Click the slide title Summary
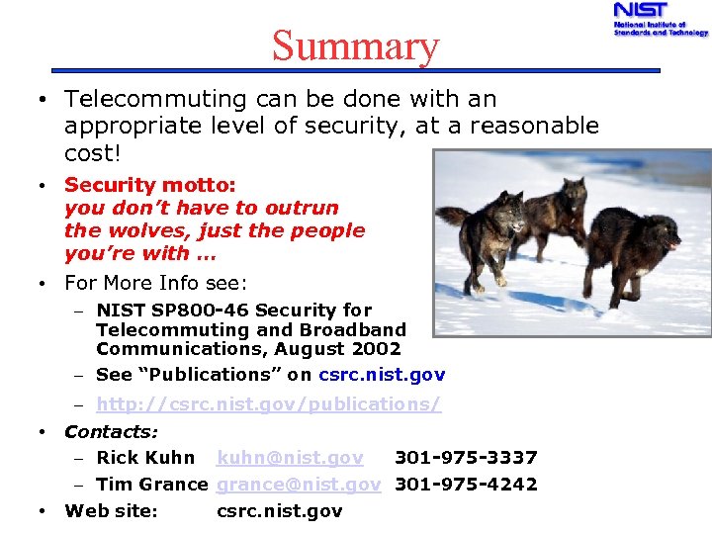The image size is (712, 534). pyautogui.click(x=355, y=45)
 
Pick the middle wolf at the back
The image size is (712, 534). pyautogui.click(x=555, y=208)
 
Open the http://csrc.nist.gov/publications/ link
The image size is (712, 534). pyautogui.click(x=268, y=404)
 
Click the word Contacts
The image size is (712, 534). pyautogui.click(x=111, y=432)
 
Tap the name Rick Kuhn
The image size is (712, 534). pyautogui.click(x=145, y=458)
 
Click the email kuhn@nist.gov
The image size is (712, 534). pyautogui.click(x=290, y=458)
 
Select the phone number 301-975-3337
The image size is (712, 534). pyautogui.click(x=466, y=458)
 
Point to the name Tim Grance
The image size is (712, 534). pyautogui.click(x=151, y=485)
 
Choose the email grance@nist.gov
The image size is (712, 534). pyautogui.click(x=299, y=485)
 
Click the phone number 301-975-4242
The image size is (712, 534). pyautogui.click(x=466, y=485)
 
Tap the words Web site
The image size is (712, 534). pyautogui.click(x=111, y=511)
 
